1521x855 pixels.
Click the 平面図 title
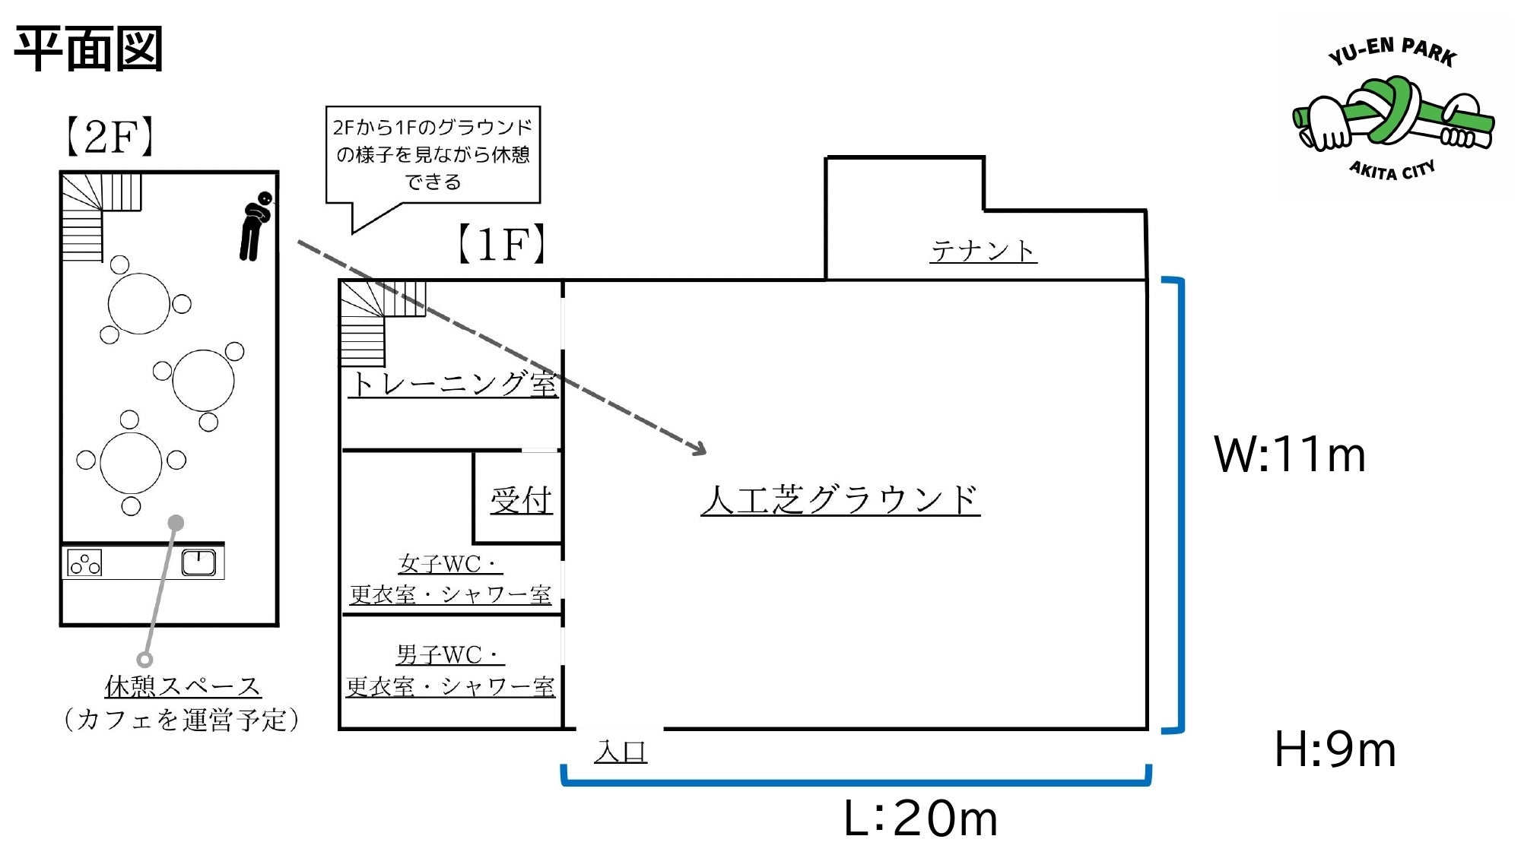point(88,49)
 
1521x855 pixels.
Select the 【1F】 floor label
point(502,244)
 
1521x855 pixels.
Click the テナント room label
point(983,250)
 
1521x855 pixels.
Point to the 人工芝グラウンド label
point(840,499)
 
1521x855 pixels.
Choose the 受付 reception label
point(521,499)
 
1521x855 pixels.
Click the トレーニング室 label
point(453,383)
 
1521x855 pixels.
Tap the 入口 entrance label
point(621,751)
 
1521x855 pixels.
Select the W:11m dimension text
point(1290,454)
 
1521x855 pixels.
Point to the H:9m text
point(1335,749)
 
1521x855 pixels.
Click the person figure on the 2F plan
point(256,226)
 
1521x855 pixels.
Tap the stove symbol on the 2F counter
point(84,562)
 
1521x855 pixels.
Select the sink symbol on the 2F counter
point(198,562)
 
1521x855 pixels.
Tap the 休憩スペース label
point(183,686)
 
